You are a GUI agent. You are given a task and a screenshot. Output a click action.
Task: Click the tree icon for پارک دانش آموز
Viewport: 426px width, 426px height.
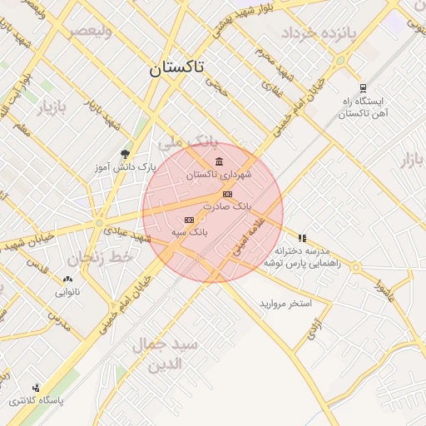tap(125, 154)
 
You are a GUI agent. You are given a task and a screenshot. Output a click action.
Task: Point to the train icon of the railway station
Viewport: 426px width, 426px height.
tap(363, 87)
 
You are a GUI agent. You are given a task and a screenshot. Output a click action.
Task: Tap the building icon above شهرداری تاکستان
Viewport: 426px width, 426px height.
tap(219, 161)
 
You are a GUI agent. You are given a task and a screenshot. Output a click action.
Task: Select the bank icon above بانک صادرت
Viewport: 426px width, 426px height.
tap(228, 194)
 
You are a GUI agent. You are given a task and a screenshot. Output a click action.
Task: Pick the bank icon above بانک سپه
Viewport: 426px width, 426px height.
tap(188, 219)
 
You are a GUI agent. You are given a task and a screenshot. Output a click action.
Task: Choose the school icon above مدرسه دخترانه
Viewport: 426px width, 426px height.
tap(302, 238)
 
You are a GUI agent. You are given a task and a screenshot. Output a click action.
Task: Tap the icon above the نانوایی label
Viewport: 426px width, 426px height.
tap(67, 280)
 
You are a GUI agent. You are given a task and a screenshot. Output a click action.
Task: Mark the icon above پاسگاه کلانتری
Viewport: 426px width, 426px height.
tap(36, 388)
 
